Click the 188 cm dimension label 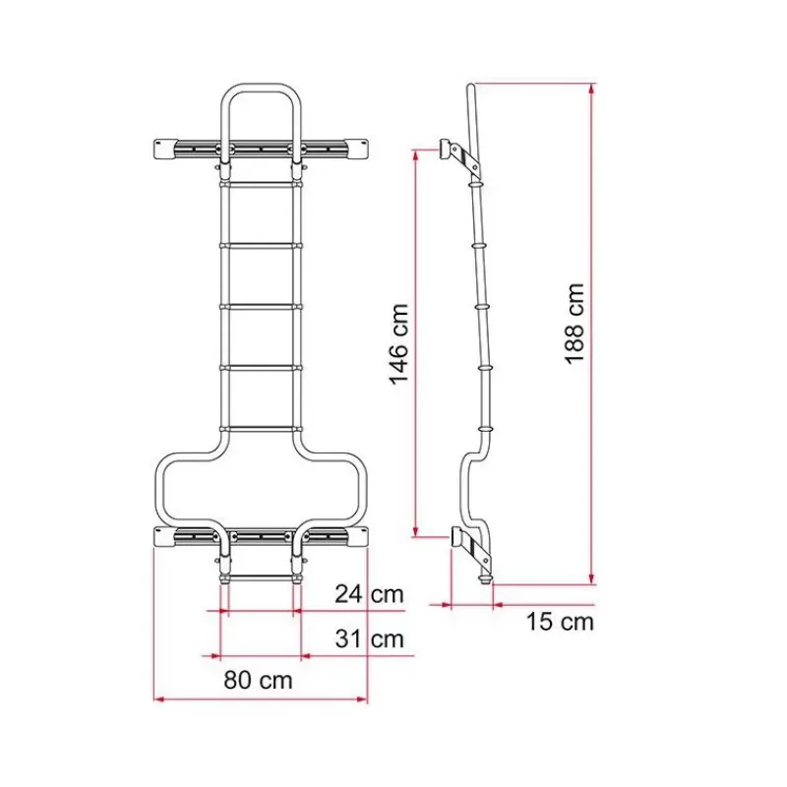pos(575,323)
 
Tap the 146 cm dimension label pos(399,344)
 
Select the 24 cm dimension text pos(370,594)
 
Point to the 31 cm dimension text pos(370,638)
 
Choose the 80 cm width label pos(258,680)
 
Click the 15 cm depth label pos(560,622)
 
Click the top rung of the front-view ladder pos(261,184)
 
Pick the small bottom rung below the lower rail pos(261,577)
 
